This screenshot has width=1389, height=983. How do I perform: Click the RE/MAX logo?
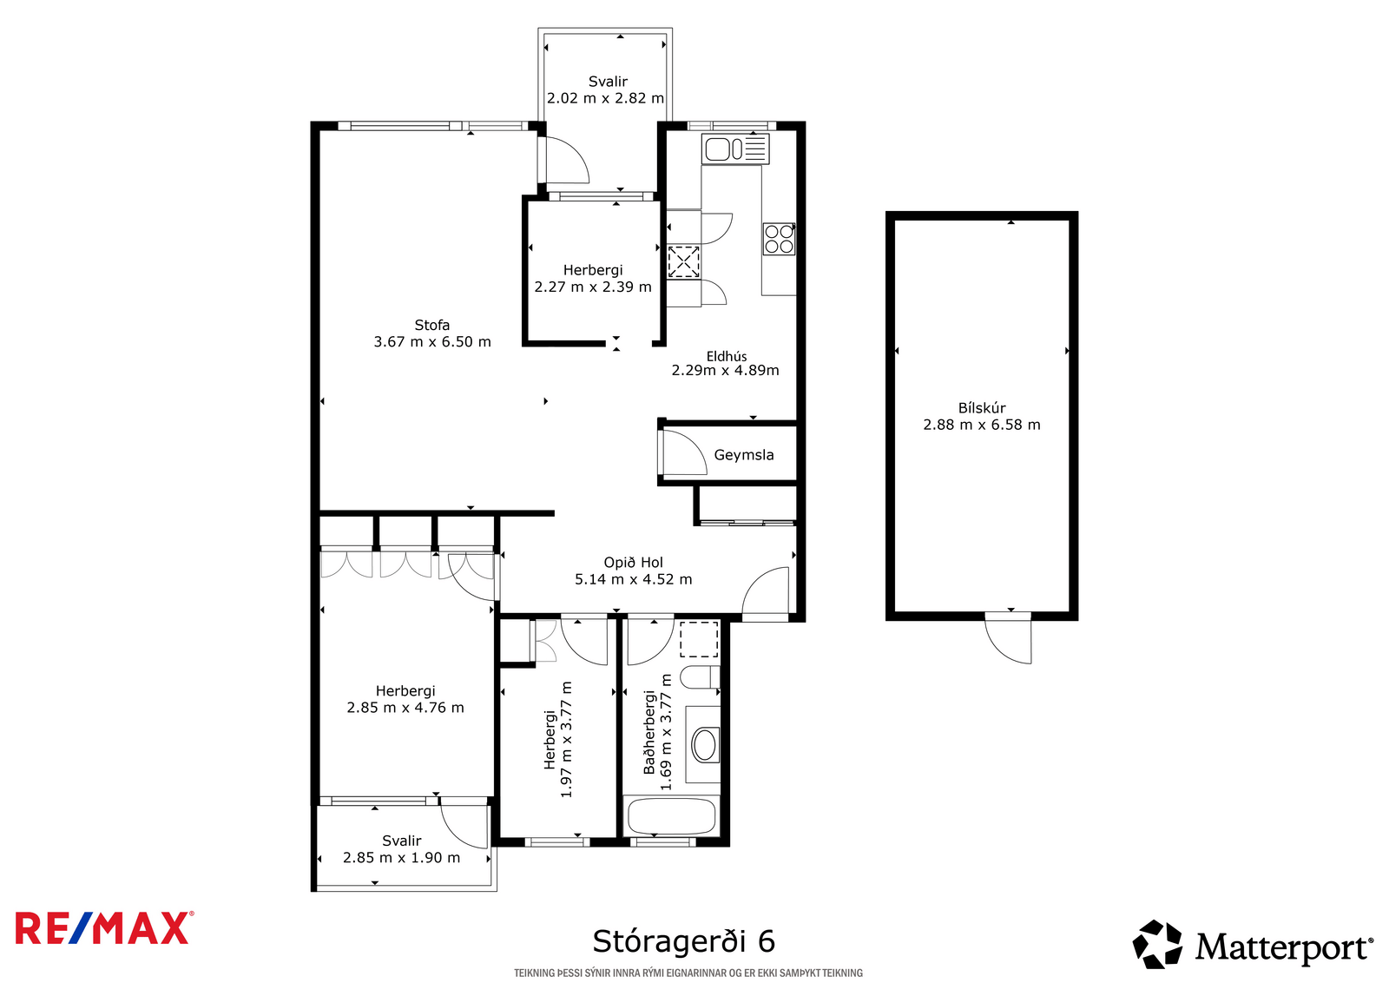coord(104,927)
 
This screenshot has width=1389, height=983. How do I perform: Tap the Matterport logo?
coord(1253,945)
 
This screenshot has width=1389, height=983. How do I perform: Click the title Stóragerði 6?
coord(684,940)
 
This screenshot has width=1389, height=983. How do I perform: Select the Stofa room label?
coord(432,325)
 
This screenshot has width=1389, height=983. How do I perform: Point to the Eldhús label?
coord(726,356)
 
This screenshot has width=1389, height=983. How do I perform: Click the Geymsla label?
coord(743,455)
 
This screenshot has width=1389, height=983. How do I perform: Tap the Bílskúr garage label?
coord(982,407)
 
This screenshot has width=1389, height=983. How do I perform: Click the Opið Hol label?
coord(633,563)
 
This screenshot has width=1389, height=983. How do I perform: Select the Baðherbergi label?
coord(649,732)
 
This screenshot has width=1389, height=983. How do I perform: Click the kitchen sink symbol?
coord(735,148)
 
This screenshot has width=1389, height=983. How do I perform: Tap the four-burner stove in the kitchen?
coord(779,239)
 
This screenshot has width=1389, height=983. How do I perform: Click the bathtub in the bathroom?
coord(672,815)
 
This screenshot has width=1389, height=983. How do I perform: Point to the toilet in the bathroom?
coord(700,677)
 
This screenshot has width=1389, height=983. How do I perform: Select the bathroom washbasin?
coord(704,745)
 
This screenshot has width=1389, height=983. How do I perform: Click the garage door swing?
coord(1009,638)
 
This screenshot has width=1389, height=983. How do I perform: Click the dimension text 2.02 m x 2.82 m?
coord(605,98)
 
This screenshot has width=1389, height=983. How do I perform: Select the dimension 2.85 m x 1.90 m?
coord(402,858)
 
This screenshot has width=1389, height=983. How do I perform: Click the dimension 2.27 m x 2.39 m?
coord(593,287)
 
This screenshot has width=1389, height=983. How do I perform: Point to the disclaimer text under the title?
coord(688,973)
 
